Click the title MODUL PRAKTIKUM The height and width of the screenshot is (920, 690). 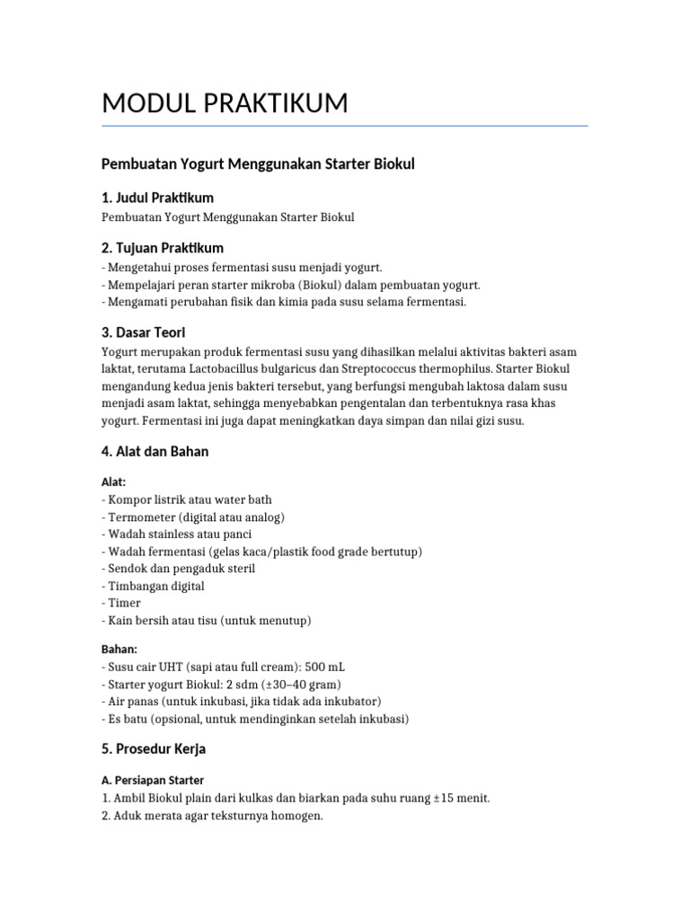pos(225,103)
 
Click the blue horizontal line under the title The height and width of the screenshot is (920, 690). pos(345,126)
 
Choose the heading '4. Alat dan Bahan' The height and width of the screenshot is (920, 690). pos(155,451)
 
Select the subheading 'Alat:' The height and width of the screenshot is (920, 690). pos(114,482)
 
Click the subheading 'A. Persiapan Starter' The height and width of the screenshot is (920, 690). pos(154,780)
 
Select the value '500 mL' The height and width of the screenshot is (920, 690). pos(324,667)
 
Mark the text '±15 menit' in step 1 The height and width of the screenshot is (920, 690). pos(461,798)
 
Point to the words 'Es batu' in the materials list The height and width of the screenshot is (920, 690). pos(129,718)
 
